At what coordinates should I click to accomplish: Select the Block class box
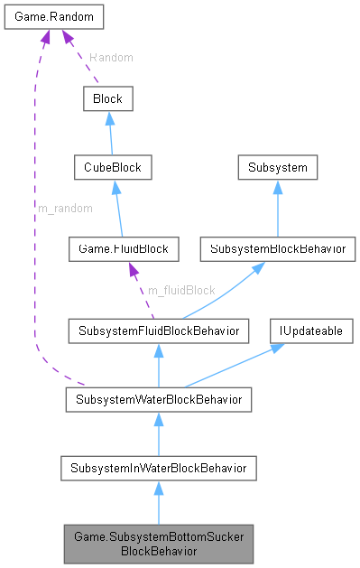107,98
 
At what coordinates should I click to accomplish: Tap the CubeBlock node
114,168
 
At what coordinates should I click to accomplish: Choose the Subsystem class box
277,168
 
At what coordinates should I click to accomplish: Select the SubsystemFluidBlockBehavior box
158,331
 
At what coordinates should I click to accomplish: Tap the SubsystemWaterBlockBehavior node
158,398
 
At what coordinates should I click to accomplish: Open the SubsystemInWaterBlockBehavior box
158,467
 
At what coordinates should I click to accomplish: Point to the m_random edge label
64,208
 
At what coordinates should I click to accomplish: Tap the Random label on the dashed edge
111,57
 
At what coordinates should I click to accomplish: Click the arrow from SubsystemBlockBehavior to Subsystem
277,208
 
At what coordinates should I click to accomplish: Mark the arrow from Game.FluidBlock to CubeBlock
118,208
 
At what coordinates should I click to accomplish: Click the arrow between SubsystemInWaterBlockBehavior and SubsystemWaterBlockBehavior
158,433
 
